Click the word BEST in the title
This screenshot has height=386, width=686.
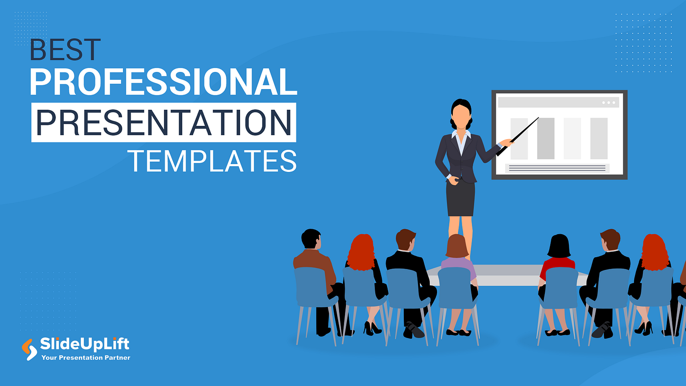65,50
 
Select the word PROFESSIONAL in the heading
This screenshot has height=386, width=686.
163,82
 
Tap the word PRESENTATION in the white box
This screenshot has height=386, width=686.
164,122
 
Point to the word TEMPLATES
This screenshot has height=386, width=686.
212,160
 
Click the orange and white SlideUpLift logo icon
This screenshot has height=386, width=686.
29,349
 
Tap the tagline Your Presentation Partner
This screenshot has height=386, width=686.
86,358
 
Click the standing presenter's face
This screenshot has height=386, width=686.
461,116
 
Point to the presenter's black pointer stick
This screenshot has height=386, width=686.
518,136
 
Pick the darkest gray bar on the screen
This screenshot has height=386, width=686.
545,138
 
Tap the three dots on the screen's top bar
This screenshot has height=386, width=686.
609,102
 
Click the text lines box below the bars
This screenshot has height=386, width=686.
557,168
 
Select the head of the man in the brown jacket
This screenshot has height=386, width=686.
311,239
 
